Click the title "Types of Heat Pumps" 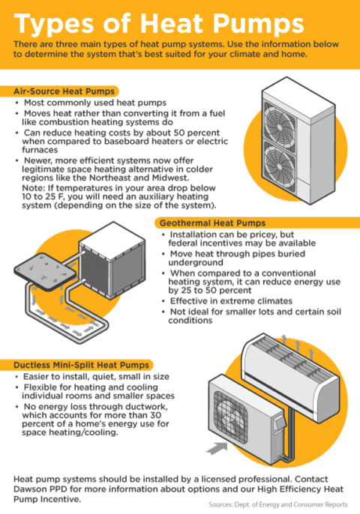click(159, 24)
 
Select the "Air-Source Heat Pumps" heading click(64, 91)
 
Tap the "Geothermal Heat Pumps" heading click(212, 223)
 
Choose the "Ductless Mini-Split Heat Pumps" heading click(81, 365)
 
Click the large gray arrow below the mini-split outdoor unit click(217, 448)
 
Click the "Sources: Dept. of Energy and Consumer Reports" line click(278, 504)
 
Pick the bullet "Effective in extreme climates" click(231, 301)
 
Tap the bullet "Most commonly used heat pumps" click(95, 103)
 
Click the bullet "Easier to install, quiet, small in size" click(96, 377)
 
